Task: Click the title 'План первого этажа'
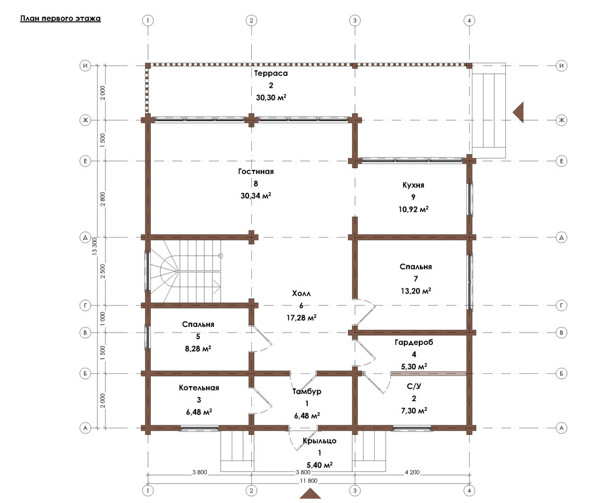tap(60, 18)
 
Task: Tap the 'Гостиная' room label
tap(256, 172)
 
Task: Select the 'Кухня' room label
tap(413, 185)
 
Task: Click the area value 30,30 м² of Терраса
tap(271, 98)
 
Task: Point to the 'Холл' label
tap(302, 293)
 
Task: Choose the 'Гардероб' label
tap(414, 342)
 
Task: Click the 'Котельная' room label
tap(199, 388)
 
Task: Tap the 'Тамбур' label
tap(307, 392)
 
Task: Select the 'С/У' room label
tap(414, 386)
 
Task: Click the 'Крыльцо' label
tap(319, 441)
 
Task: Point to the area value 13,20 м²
tap(416, 291)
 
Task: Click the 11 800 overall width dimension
tap(308, 481)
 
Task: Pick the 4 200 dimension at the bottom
tap(412, 472)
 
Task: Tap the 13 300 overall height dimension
tap(94, 246)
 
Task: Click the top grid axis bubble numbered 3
tap(355, 20)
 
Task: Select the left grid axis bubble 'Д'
tap(85, 238)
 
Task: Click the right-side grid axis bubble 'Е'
tap(561, 161)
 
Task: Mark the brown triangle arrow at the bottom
tap(310, 493)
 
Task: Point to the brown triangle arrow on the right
tap(519, 112)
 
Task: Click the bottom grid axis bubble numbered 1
tap(148, 490)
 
